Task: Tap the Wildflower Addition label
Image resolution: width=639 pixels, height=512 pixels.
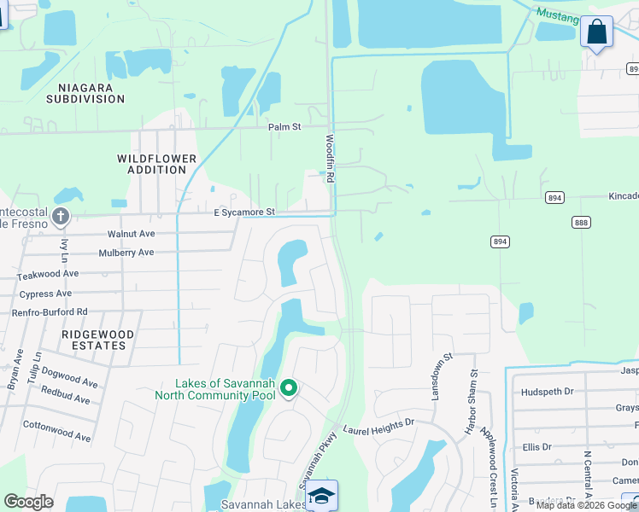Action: [x=157, y=165]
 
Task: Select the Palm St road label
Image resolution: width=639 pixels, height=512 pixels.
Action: [x=284, y=127]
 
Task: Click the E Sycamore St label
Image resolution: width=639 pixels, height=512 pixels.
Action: [x=244, y=212]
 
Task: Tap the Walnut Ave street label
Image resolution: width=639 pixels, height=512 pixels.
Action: [x=131, y=234]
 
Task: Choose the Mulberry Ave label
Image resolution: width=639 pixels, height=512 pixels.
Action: [x=126, y=253]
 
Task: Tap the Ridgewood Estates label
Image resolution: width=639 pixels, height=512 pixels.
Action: [x=94, y=340]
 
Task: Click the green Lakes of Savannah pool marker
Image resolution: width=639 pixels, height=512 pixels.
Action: [x=289, y=389]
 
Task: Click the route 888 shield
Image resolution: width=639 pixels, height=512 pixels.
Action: [x=581, y=221]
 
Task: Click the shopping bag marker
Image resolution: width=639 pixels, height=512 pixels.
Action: [x=596, y=32]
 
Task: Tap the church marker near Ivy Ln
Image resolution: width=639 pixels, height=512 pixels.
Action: [x=60, y=216]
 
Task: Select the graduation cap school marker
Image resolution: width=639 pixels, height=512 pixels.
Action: [x=322, y=496]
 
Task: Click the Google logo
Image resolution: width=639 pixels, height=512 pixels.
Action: [x=28, y=502]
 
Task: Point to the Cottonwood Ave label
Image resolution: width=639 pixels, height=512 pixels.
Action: [x=56, y=431]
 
